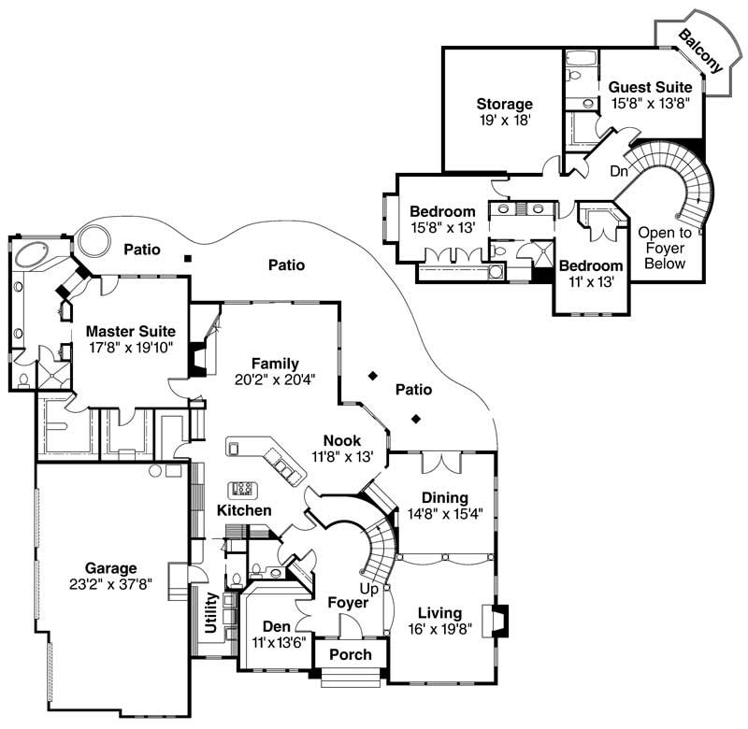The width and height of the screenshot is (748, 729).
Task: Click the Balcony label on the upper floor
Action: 699,51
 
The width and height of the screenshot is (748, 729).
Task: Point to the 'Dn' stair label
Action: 619,171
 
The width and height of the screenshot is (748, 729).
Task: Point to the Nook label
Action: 342,440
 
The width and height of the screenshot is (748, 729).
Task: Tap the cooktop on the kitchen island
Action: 243,488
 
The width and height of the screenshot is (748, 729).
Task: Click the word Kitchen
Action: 244,510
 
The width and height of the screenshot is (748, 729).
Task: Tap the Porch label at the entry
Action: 351,654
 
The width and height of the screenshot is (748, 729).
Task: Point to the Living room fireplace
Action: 499,621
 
